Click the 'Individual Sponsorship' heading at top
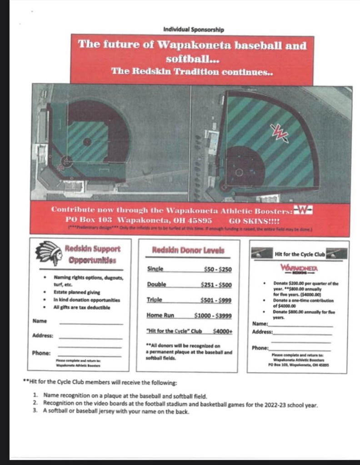[x=194, y=30]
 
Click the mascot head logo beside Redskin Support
[x=49, y=253]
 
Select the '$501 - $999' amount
[x=216, y=300]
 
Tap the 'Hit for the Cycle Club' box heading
[x=300, y=255]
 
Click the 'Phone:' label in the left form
[x=41, y=353]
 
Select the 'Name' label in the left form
[x=40, y=321]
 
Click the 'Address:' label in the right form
[x=262, y=332]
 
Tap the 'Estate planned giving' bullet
[x=77, y=292]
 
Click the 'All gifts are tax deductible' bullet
[x=82, y=307]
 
